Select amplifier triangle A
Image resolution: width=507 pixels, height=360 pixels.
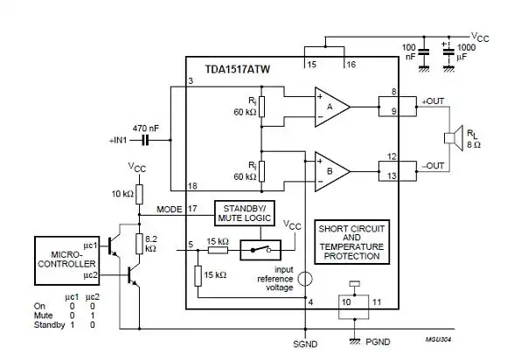tap(331, 106)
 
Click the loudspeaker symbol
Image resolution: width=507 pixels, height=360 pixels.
tap(453, 137)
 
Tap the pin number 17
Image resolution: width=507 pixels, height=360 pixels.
tap(193, 207)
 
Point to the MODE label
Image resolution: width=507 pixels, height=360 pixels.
tap(169, 210)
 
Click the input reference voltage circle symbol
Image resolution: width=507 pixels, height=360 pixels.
tap(303, 280)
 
